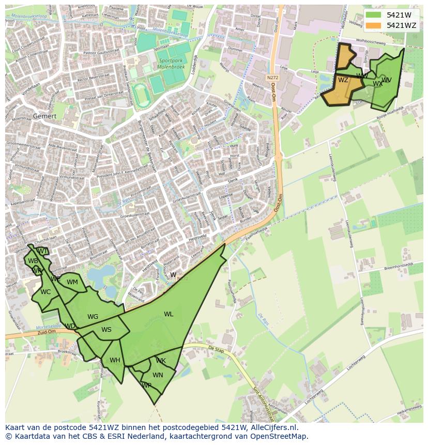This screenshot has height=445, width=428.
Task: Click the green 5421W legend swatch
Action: pyautogui.click(x=374, y=16)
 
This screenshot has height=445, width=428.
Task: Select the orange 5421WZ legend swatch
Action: pyautogui.click(x=374, y=25)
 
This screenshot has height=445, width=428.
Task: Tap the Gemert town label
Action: pyautogui.click(x=44, y=116)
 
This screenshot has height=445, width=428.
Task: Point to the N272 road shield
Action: pyautogui.click(x=273, y=78)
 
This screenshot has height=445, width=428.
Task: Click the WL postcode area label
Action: pyautogui.click(x=169, y=314)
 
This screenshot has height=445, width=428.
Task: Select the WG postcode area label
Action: pyautogui.click(x=93, y=317)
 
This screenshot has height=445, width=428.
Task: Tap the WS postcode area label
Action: pyautogui.click(x=106, y=330)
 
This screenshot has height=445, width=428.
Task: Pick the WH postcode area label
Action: pyautogui.click(x=115, y=360)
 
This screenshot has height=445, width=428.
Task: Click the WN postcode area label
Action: pyautogui.click(x=158, y=375)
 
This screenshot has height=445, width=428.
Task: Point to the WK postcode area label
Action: pyautogui.click(x=161, y=361)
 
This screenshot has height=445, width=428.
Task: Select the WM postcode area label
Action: pyautogui.click(x=72, y=282)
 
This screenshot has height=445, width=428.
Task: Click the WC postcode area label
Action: pyautogui.click(x=45, y=292)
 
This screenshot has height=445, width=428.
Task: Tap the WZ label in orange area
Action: pyautogui.click(x=343, y=80)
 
